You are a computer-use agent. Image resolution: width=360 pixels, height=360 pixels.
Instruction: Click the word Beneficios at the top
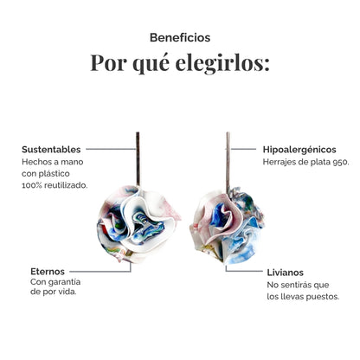tap(180, 37)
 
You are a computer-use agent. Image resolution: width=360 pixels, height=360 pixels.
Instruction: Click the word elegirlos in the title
tap(222, 63)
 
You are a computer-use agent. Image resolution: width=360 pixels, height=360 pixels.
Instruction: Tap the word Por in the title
tap(108, 62)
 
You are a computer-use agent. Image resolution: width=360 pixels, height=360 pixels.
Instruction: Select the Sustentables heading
tap(51, 150)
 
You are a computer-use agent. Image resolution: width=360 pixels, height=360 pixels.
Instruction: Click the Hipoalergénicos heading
tap(299, 150)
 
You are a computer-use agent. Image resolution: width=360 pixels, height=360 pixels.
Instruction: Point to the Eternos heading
tap(48, 272)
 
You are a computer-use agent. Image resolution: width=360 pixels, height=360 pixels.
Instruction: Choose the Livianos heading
tap(285, 273)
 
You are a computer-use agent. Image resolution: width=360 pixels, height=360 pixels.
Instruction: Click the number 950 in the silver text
tap(341, 162)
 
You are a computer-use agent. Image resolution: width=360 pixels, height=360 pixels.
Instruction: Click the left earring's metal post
tap(138, 159)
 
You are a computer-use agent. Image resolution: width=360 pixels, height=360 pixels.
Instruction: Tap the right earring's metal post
tap(228, 163)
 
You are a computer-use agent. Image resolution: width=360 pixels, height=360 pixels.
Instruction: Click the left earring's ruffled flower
tap(138, 224)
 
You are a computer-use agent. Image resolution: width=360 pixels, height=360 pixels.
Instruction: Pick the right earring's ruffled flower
tap(227, 226)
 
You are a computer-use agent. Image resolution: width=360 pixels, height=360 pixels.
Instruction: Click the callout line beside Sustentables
tap(111, 149)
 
